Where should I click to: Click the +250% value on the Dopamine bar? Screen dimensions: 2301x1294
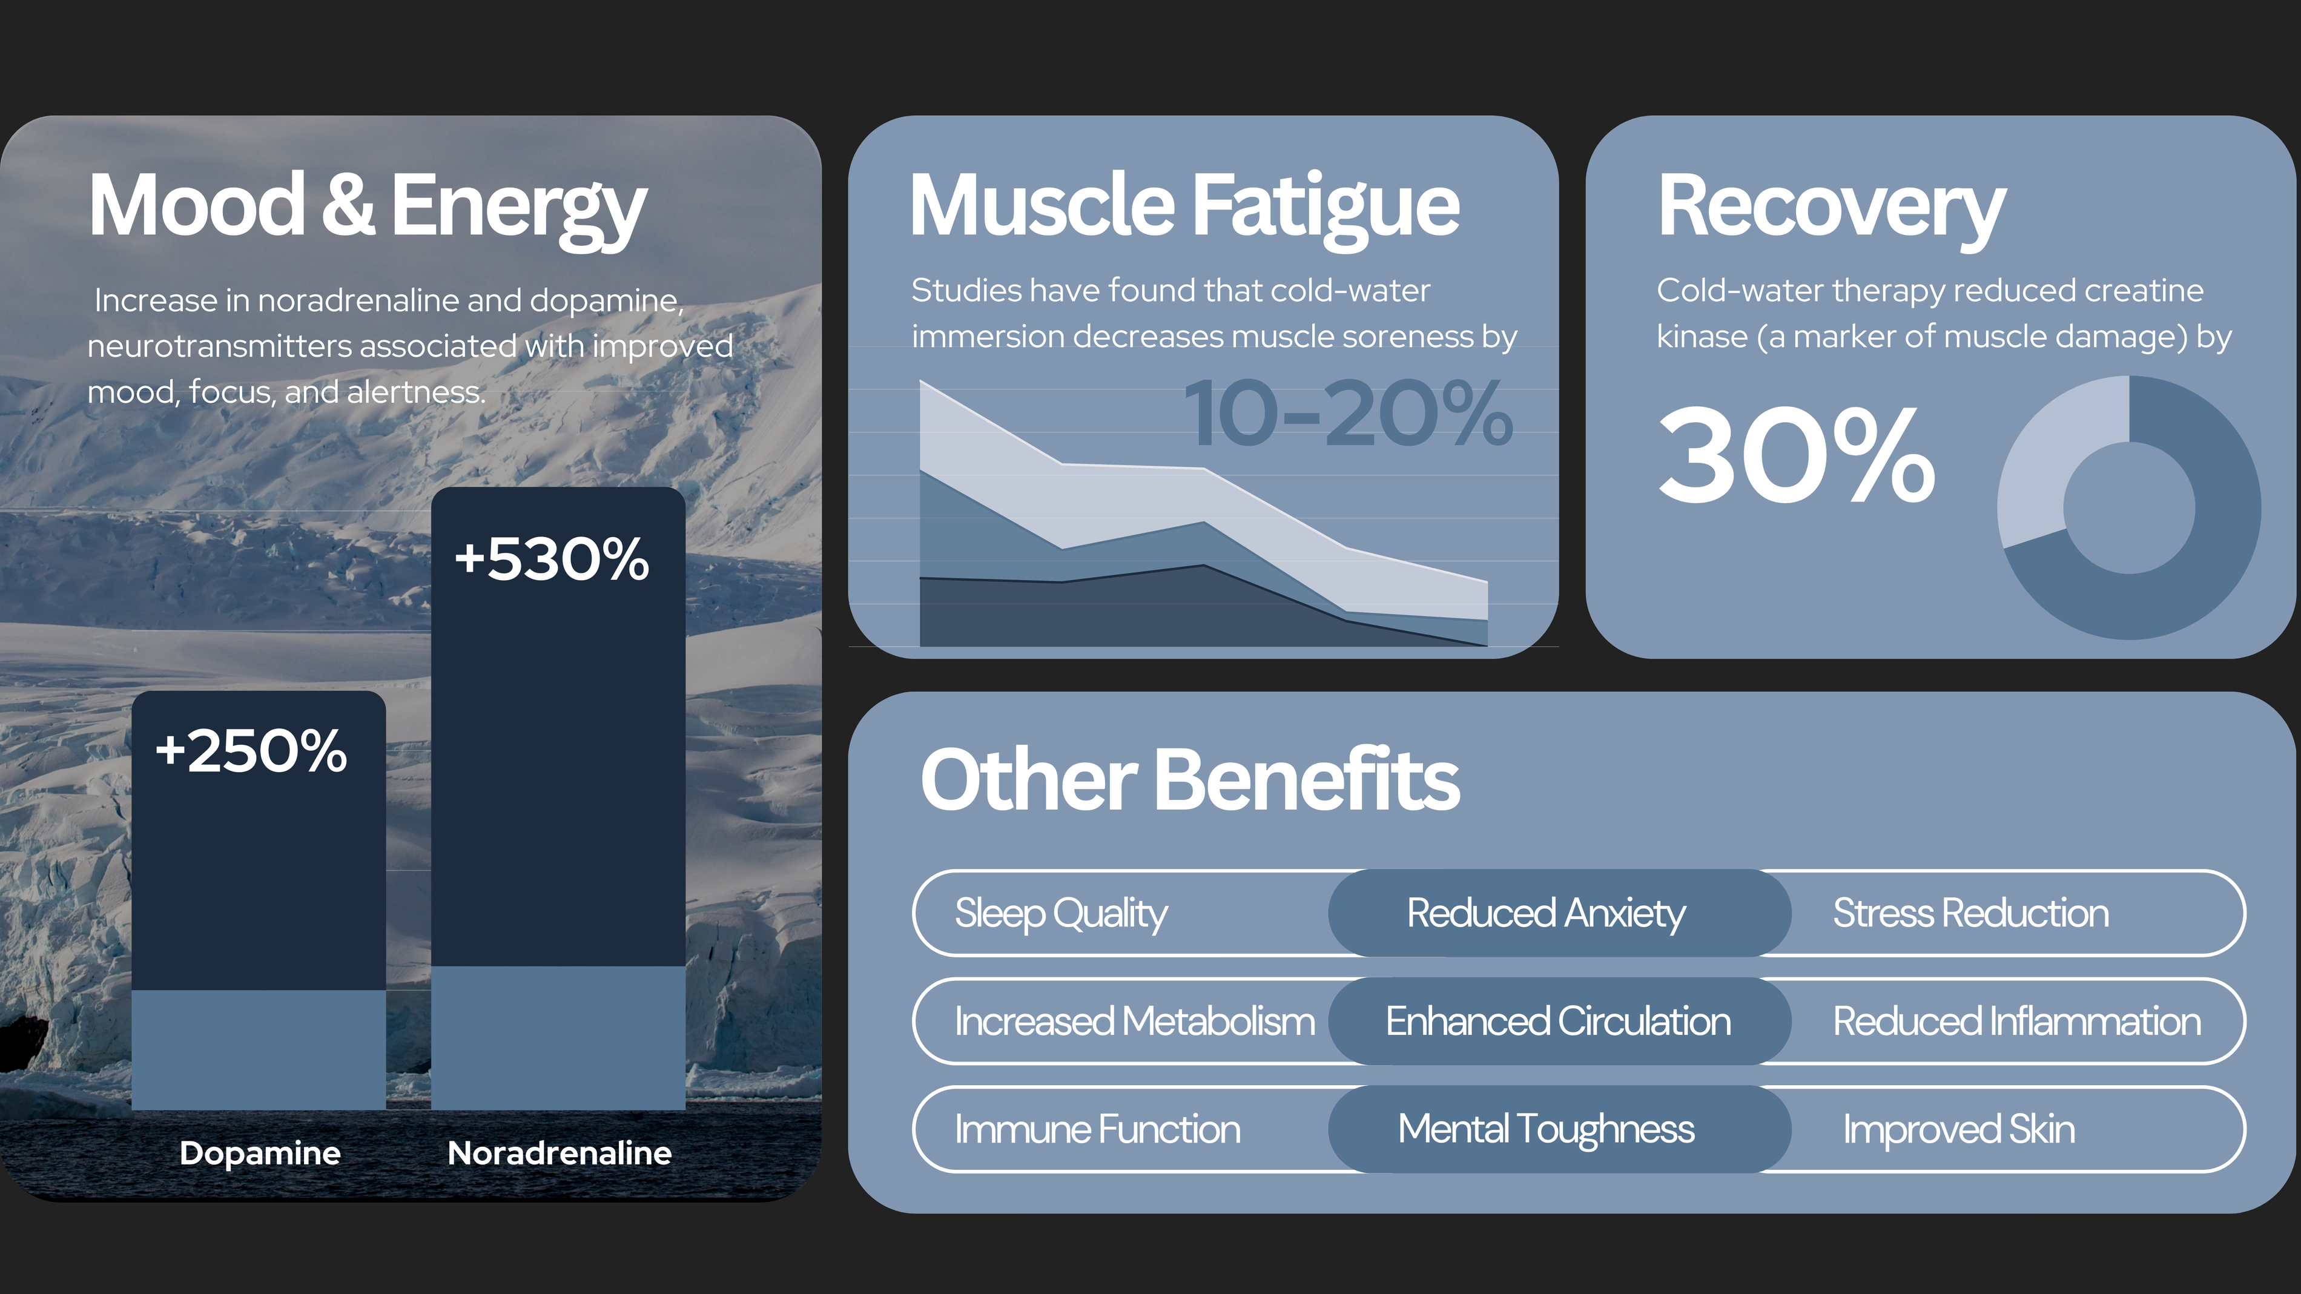click(x=251, y=750)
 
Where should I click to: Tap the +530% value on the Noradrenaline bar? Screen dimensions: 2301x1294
click(x=551, y=559)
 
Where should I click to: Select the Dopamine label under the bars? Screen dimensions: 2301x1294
click(x=260, y=1153)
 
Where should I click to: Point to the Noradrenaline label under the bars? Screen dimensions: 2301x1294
click(x=559, y=1153)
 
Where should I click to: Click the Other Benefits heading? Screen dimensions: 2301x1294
click(x=1190, y=780)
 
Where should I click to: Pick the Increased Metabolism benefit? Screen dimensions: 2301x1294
click(x=1134, y=1022)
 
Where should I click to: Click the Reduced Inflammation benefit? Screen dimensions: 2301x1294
click(x=2017, y=1022)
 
